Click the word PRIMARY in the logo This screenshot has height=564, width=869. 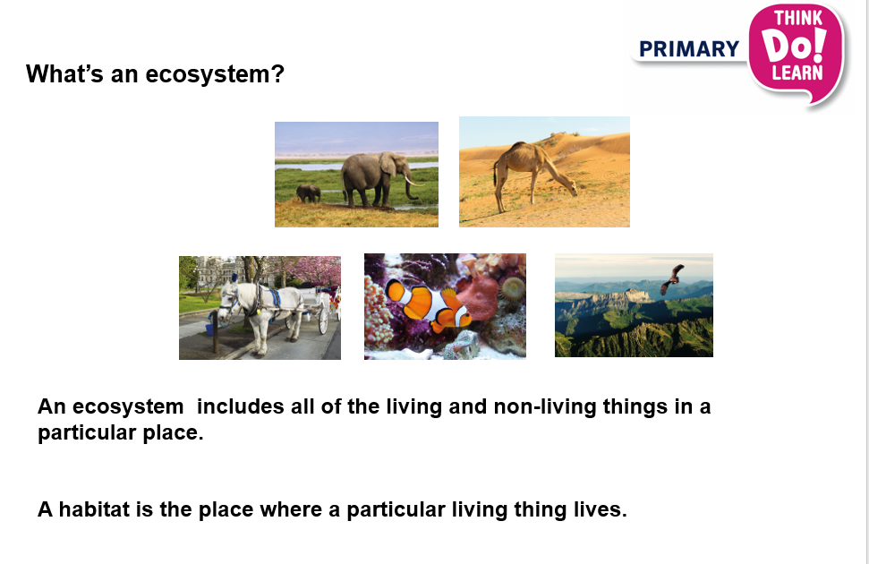point(689,49)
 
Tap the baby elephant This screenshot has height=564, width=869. point(309,192)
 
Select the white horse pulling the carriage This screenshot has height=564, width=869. point(246,309)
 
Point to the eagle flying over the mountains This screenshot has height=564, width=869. point(672,278)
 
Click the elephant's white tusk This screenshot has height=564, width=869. point(413,182)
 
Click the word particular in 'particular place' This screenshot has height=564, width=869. point(86,434)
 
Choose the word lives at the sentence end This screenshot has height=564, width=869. point(599,510)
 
